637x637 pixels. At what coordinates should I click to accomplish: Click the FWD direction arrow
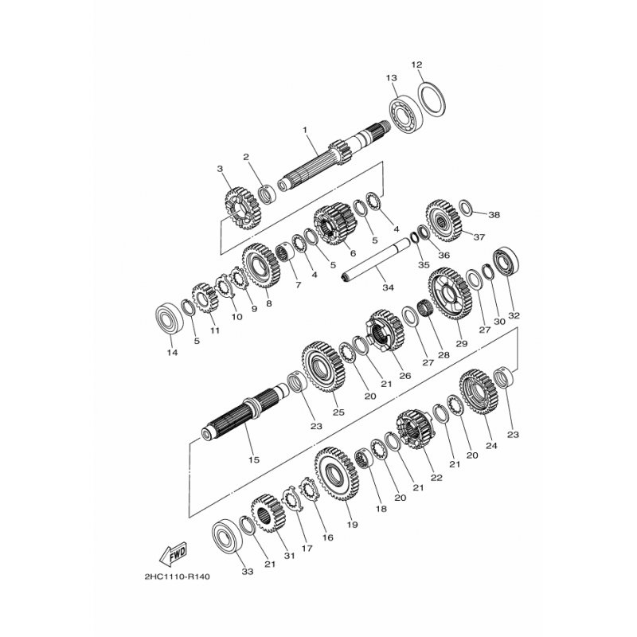point(173,553)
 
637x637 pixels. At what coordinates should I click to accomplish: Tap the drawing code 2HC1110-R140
point(177,576)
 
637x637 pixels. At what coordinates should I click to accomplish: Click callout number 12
point(416,64)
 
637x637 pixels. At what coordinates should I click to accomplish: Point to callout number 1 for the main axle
point(305,130)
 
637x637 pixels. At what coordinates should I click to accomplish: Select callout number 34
point(388,287)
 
